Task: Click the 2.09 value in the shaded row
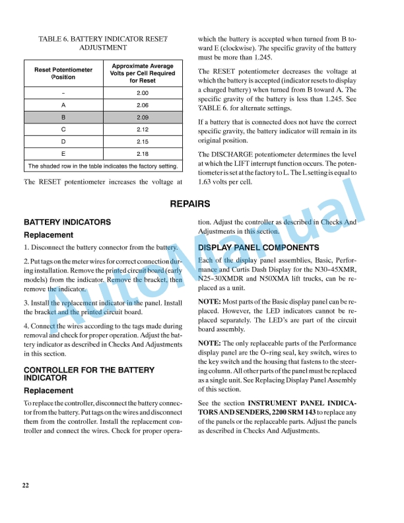tap(143, 117)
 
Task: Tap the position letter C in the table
tap(63, 129)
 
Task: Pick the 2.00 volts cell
tap(143, 93)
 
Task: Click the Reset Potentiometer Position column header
tap(63, 73)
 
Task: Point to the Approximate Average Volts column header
tap(143, 73)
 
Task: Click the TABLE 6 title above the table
tap(102, 43)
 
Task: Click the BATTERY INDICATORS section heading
tap(67, 223)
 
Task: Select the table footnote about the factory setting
tap(103, 166)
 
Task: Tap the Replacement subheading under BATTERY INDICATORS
tap(48, 234)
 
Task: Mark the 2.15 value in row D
tap(143, 141)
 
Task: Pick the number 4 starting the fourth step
tap(26, 326)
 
